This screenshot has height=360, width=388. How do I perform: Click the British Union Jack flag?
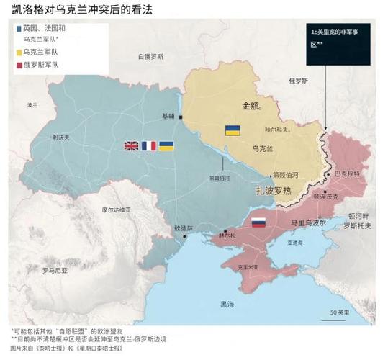(x=131, y=146)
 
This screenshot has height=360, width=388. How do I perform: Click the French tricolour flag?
(x=149, y=146)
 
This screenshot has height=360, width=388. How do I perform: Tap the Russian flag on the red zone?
(x=258, y=223)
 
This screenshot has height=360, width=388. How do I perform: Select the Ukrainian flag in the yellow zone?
(x=233, y=130)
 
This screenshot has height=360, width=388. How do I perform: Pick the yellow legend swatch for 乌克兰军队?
(x=19, y=53)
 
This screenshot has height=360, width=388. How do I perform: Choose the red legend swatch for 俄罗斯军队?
(x=19, y=65)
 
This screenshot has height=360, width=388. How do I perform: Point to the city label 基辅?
(x=168, y=116)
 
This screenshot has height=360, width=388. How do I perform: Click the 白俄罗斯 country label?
(x=151, y=56)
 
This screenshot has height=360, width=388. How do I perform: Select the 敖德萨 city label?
(x=183, y=228)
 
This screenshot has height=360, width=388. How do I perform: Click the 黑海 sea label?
(x=227, y=303)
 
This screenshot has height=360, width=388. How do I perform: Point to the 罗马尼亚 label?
(x=55, y=271)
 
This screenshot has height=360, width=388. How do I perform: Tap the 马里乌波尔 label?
(x=308, y=223)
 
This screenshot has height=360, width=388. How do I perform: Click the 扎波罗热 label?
(x=274, y=191)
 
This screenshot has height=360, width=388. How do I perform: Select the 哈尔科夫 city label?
(x=277, y=130)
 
